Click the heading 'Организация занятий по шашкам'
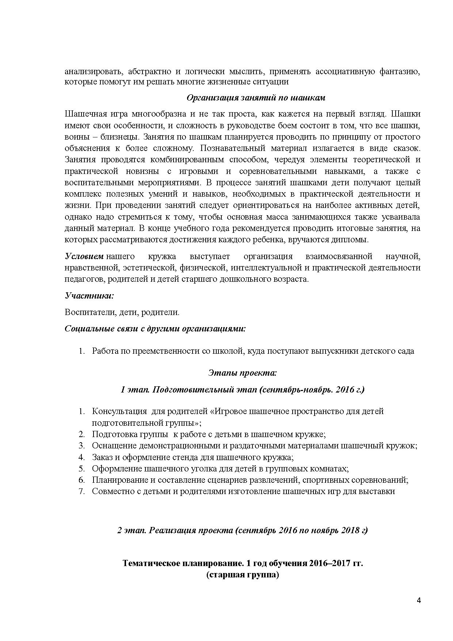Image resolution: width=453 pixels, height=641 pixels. (256, 98)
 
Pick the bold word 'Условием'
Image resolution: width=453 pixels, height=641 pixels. (84, 256)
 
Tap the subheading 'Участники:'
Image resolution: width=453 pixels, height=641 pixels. (90, 295)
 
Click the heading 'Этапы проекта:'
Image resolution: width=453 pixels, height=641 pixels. (243, 373)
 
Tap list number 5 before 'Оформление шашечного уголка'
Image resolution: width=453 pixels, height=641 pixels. (81, 469)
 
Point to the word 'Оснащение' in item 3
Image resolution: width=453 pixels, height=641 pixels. (111, 446)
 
